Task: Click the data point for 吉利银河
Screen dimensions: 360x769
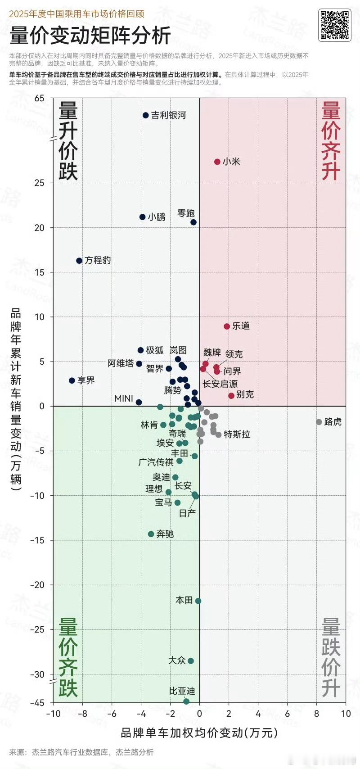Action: [x=145, y=115]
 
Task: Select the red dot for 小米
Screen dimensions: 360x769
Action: [x=217, y=162]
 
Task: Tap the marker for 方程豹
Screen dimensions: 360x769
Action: [x=79, y=261]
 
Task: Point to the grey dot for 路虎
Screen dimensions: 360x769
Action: [x=319, y=422]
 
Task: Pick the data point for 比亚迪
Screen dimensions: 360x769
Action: [x=186, y=701]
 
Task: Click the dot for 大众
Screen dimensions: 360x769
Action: [x=191, y=661]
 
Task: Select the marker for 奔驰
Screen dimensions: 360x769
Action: [x=151, y=534]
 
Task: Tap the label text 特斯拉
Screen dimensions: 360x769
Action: [x=237, y=434]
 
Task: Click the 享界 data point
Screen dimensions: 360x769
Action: [x=72, y=380]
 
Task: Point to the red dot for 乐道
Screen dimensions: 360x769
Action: [x=227, y=326]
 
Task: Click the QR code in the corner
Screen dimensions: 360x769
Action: [x=334, y=25]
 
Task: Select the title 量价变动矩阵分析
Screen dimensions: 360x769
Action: [x=90, y=36]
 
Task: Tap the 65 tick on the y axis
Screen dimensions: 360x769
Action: [x=40, y=98]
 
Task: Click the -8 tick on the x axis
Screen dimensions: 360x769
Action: [x=83, y=714]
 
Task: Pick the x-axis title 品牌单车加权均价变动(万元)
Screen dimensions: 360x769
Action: [x=199, y=733]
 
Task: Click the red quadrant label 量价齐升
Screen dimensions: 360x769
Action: [x=331, y=141]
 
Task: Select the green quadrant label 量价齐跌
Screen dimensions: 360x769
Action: [x=68, y=657]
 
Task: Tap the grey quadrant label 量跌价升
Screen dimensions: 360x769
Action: [x=331, y=657]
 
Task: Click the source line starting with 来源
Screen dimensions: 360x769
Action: [x=81, y=752]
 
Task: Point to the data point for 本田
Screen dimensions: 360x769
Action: [x=198, y=601]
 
